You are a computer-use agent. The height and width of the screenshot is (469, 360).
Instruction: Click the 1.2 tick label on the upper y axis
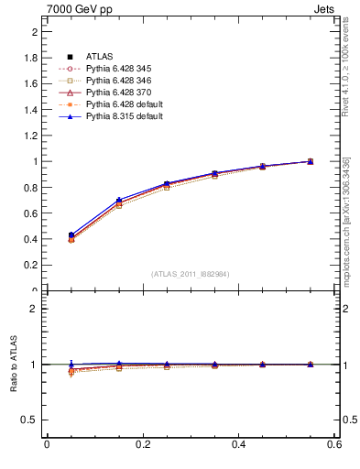[30, 136]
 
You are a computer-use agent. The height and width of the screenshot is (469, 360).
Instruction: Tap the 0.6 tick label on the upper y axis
[30, 213]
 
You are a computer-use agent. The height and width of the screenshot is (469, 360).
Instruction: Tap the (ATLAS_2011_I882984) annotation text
[190, 274]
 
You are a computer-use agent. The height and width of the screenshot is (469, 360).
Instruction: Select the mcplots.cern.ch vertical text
[344, 220]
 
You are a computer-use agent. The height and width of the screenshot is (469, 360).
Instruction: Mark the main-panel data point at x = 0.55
[310, 161]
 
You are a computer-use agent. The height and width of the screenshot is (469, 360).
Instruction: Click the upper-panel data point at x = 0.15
[118, 202]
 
